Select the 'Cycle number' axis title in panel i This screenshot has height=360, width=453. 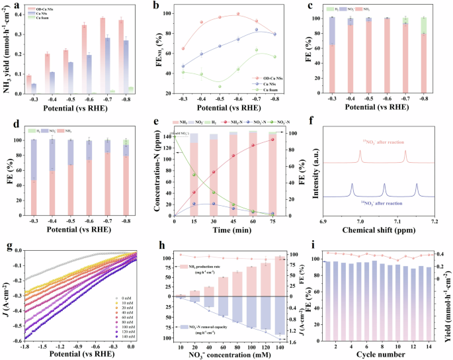385,355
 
